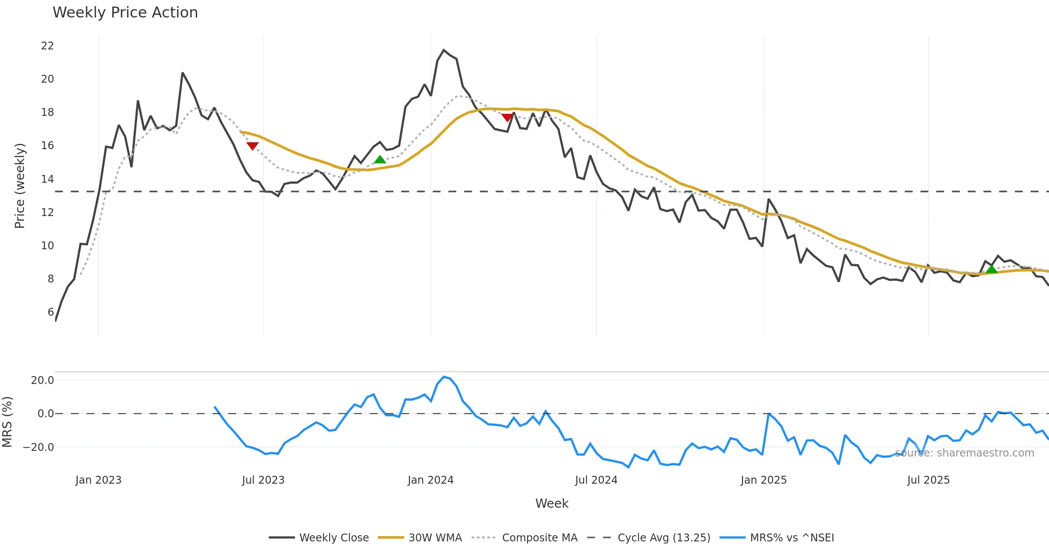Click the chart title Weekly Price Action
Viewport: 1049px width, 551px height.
click(x=125, y=13)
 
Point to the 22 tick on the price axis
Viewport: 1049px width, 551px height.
click(x=47, y=46)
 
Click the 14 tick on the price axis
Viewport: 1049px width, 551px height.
click(x=47, y=179)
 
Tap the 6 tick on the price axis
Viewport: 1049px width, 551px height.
click(x=51, y=312)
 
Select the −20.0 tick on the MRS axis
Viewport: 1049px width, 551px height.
click(x=38, y=447)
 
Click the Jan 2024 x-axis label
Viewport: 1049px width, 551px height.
click(x=431, y=480)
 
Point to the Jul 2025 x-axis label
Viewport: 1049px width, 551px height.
click(x=928, y=480)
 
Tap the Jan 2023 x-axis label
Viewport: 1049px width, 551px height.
click(x=98, y=480)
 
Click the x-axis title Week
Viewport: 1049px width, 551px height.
click(x=552, y=504)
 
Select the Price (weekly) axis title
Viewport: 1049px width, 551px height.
click(x=20, y=186)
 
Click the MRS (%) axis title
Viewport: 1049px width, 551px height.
click(x=7, y=422)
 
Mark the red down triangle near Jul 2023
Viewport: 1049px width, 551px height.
click(x=252, y=146)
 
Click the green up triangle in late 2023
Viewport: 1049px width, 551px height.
click(x=380, y=160)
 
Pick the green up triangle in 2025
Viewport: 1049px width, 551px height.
click(x=991, y=269)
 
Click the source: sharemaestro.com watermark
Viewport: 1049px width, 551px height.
click(x=964, y=453)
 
